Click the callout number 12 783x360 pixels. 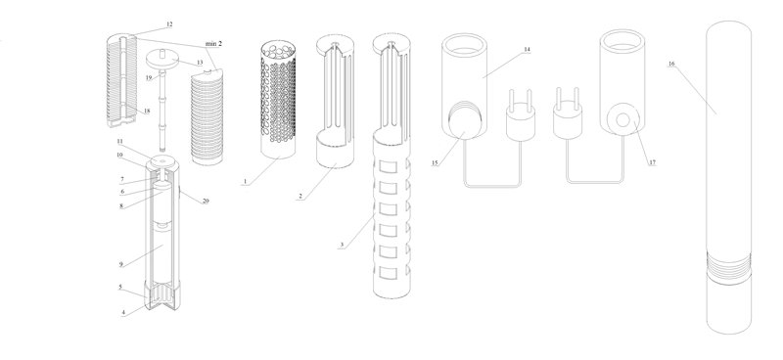[169, 23]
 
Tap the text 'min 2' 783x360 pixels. [213, 44]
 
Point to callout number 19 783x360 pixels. [149, 77]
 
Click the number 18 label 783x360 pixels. [147, 111]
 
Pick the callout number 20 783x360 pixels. [206, 202]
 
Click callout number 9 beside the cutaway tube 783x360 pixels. [120, 264]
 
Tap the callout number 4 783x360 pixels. [123, 313]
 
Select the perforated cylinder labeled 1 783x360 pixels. [279, 100]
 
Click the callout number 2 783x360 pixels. [300, 197]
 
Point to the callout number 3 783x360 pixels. [342, 245]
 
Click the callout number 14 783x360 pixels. [527, 50]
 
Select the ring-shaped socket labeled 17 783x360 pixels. [623, 119]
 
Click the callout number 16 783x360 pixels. [671, 64]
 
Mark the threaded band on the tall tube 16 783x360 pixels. [728, 268]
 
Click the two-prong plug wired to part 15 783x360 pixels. [521, 114]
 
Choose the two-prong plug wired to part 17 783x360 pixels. [568, 113]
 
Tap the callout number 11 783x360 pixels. [119, 142]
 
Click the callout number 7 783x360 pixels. [121, 179]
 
